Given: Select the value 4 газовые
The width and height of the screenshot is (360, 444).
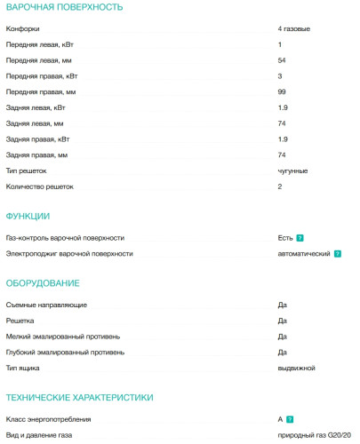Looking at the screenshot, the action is coord(293,29).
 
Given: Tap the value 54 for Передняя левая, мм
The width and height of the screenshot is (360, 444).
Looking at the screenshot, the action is coord(282,59).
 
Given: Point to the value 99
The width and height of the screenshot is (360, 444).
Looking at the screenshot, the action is coord(282,91).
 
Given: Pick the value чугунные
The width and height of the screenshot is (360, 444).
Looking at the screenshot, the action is coord(293,170).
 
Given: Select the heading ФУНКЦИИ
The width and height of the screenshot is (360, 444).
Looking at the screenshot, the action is coord(28,217).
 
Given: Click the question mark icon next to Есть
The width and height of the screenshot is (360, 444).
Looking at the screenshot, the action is coord(300,238).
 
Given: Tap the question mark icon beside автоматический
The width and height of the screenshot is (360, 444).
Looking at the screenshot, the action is coord(338,254).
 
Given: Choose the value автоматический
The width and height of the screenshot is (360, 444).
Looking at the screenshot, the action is coord(304,254).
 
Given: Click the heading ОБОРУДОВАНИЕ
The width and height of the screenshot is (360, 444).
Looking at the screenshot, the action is coord(43,283).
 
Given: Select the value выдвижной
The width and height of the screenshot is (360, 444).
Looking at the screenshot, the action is coord(296,368).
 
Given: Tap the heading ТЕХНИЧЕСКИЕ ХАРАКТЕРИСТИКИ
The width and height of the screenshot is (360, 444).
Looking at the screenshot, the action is coord(80,398).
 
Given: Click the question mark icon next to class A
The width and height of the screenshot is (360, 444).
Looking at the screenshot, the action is coord(291,419).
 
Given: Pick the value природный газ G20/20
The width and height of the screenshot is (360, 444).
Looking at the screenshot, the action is coord(315,435).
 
